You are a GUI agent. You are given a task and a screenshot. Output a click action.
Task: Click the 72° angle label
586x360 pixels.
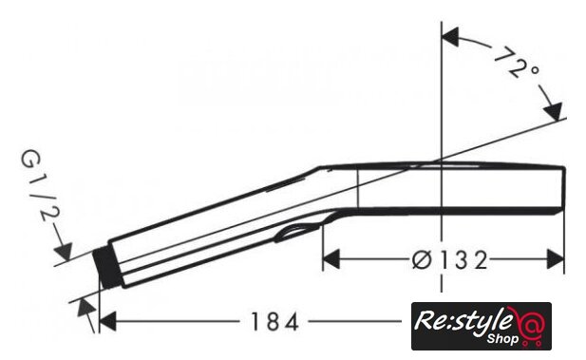pos(518,62)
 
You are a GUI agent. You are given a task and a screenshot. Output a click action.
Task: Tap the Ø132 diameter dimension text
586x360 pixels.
pos(450,260)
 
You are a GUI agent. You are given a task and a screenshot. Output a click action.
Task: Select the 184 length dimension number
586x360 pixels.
pos(274,321)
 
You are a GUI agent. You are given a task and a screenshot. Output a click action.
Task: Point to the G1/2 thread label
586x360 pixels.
pos(40,186)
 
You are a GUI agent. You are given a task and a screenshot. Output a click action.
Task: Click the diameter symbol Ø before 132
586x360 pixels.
pos(422,260)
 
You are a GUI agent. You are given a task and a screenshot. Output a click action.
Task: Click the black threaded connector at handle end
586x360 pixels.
pos(106,267)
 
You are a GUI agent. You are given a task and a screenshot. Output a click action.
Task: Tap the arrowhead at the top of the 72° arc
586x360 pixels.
pos(450,37)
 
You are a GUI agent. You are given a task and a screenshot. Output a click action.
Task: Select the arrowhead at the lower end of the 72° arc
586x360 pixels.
pos(553,110)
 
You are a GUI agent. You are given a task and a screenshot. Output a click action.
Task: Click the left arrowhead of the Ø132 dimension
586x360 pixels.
pos(331,258)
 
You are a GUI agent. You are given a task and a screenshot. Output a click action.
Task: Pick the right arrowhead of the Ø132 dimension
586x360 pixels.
pos(556,258)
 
